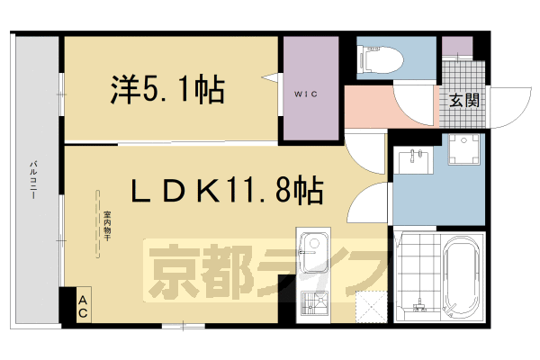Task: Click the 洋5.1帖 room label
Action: click(x=167, y=89)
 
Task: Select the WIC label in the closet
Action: click(x=304, y=93)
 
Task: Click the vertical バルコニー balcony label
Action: click(x=33, y=180)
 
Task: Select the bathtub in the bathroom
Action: click(x=463, y=274)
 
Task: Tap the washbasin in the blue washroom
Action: click(x=416, y=157)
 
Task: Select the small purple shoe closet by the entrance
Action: click(x=456, y=47)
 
